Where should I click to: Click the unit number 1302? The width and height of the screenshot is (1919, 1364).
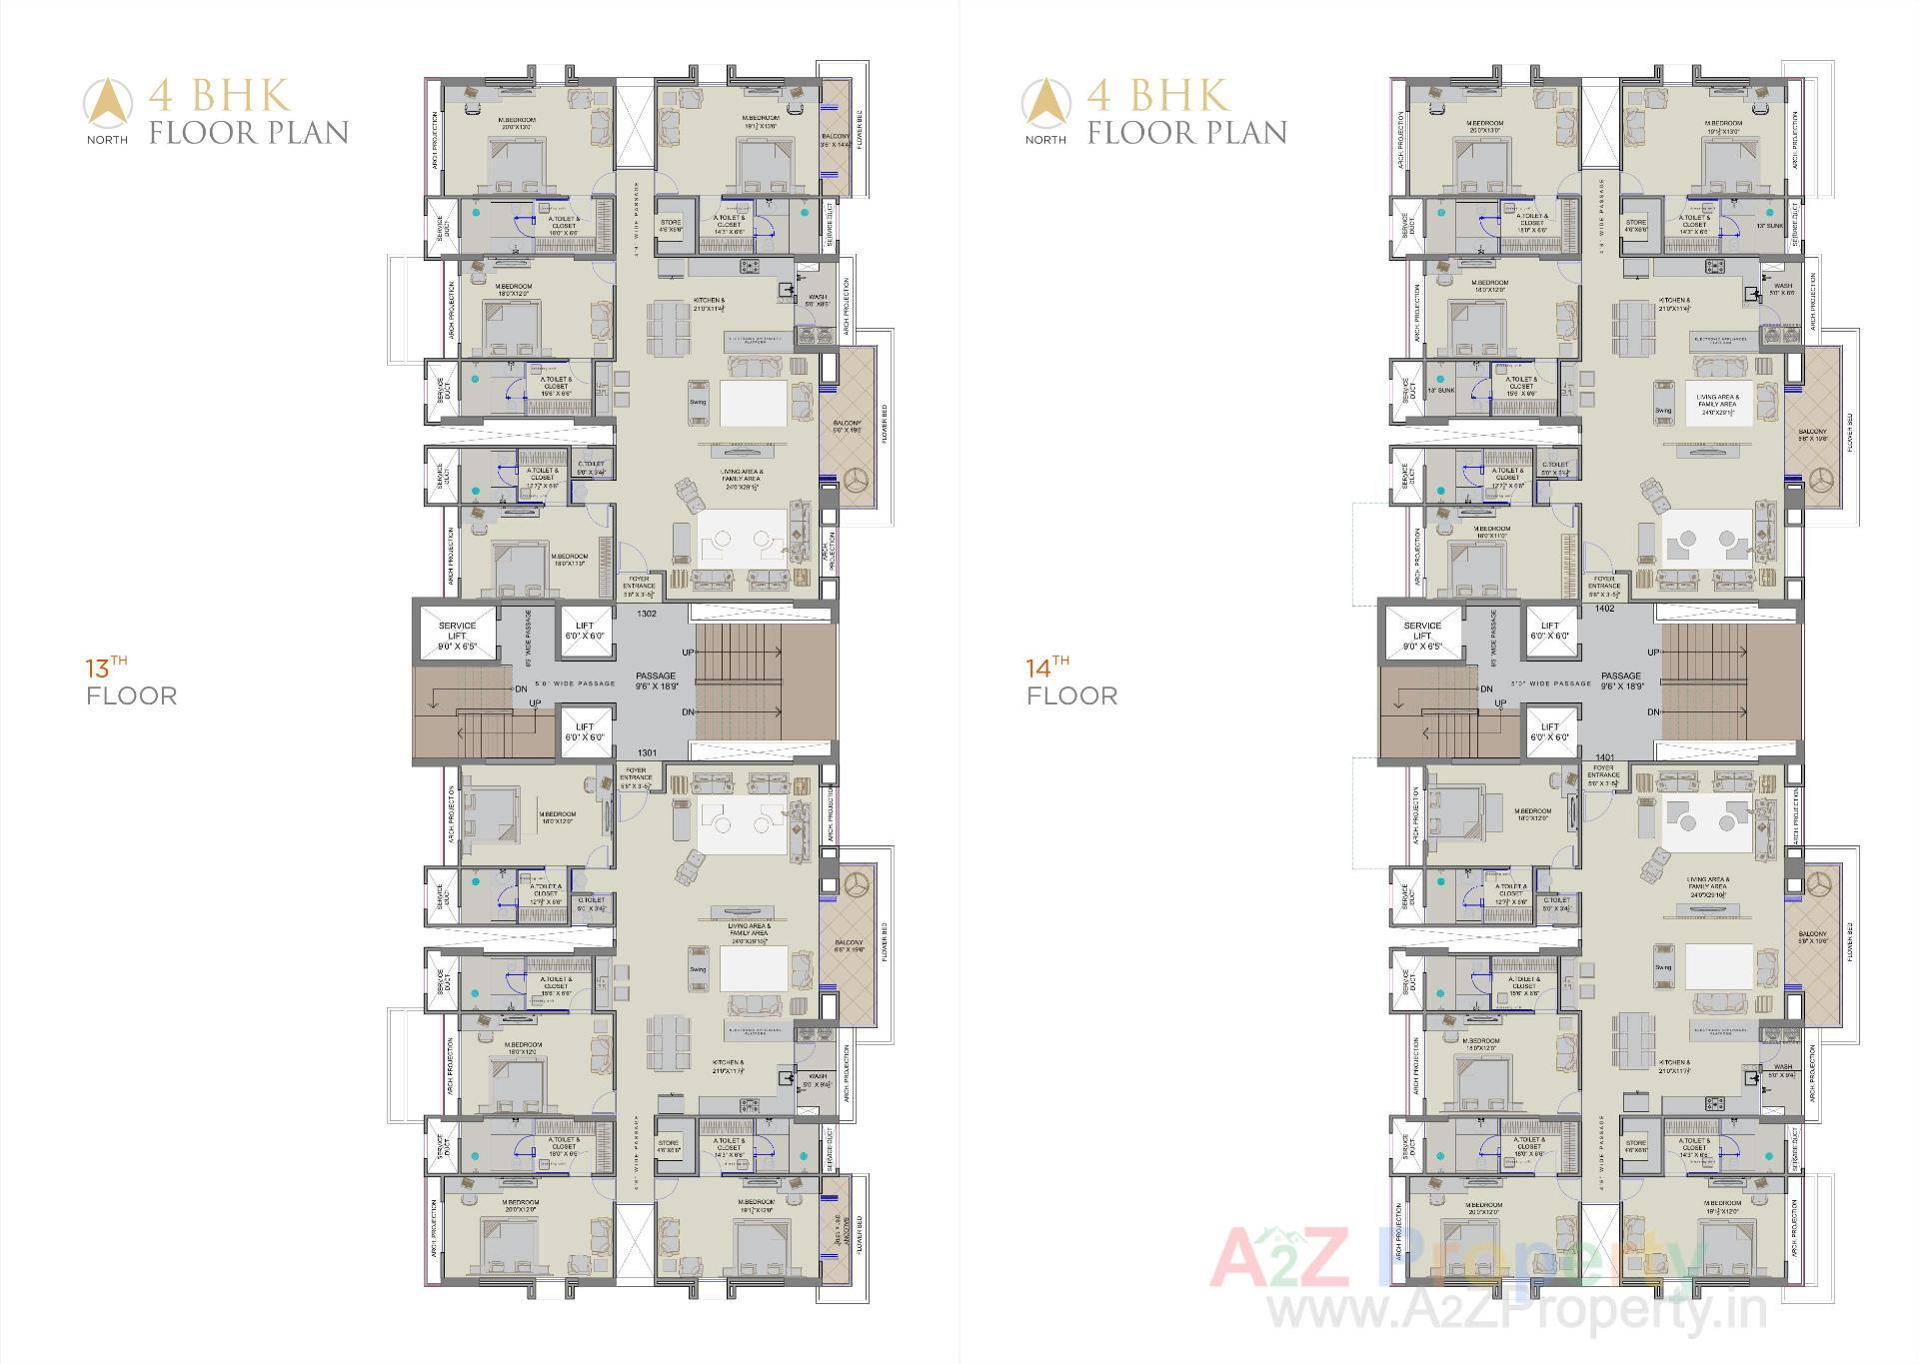click(x=647, y=614)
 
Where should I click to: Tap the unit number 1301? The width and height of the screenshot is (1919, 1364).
click(x=647, y=752)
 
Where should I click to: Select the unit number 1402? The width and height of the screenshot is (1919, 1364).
click(x=1605, y=608)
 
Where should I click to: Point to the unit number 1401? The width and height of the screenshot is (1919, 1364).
click(x=1605, y=757)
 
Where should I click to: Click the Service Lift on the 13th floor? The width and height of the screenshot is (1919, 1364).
click(x=457, y=636)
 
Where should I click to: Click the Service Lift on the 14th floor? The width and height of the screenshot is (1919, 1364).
click(x=1421, y=636)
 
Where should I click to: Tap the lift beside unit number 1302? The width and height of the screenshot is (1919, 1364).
click(x=585, y=632)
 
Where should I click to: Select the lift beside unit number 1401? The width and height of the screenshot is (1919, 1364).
click(x=1549, y=731)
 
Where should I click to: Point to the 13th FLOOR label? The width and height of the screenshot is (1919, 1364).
click(x=130, y=683)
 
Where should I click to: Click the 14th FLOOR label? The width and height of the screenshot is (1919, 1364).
click(x=1070, y=683)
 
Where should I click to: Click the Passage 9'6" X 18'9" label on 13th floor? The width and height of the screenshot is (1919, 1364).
click(x=656, y=682)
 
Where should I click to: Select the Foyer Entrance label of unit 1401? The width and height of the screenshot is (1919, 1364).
click(x=1603, y=777)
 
